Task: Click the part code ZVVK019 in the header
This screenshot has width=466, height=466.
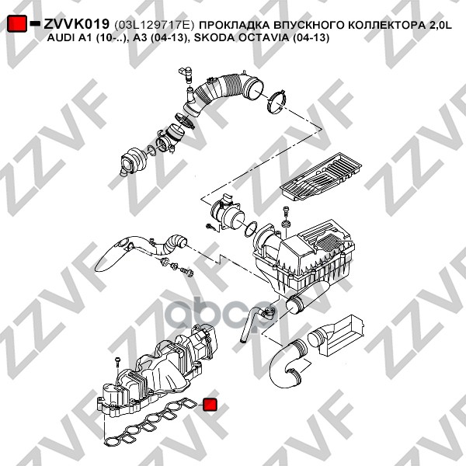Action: coord(77,24)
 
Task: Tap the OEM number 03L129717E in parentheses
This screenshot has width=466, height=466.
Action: coord(155,25)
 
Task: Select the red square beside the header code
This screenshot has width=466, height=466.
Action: coord(17,24)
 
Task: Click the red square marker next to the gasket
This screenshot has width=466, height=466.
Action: coord(210,405)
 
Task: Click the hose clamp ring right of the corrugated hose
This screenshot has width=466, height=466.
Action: coord(277,103)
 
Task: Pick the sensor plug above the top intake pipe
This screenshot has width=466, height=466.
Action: coord(186,75)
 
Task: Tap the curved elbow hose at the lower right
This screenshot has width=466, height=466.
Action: coord(287,366)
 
